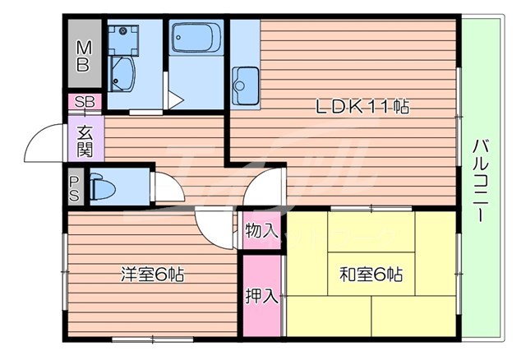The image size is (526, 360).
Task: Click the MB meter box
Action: [83, 55]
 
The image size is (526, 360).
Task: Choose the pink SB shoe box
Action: [83, 102]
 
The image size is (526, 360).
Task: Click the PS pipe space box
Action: [75, 188]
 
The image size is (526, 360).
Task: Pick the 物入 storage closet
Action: [261, 231]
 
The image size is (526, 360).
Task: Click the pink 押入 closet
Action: [261, 296]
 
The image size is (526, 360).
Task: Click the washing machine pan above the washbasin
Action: [123, 38]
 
